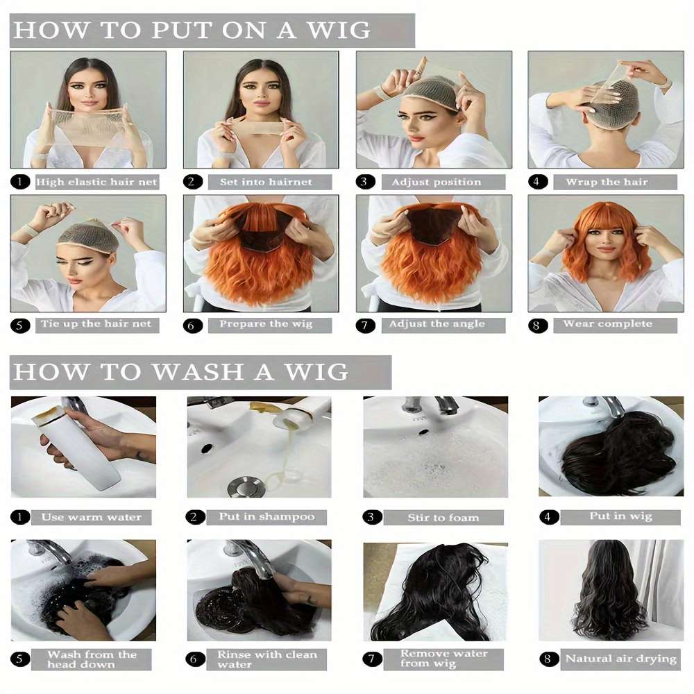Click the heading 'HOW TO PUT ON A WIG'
point(192,31)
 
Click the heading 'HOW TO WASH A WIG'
point(180,372)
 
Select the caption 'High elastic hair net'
point(96,183)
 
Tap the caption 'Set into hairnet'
point(266,183)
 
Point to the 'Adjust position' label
point(436,183)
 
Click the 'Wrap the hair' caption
point(607,183)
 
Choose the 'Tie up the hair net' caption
point(96,324)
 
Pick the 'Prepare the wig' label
point(266,324)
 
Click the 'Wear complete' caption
point(607,324)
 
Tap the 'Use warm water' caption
point(91,517)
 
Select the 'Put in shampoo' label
point(266,517)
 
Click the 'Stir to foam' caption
point(443,518)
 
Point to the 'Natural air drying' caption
point(620,659)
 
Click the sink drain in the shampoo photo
point(246,486)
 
